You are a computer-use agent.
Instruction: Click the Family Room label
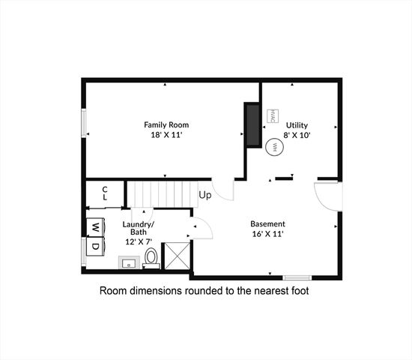[x=166, y=124]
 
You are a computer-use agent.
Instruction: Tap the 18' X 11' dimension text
[x=166, y=136]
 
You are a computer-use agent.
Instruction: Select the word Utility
[x=297, y=124]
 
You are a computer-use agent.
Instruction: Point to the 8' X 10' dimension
[x=297, y=136]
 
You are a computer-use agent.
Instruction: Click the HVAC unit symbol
[x=273, y=118]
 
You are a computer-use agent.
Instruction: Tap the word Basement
[x=267, y=223]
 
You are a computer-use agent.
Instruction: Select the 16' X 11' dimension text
[x=267, y=234]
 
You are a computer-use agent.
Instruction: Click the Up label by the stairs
[x=205, y=196]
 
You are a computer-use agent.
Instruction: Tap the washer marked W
[x=96, y=227]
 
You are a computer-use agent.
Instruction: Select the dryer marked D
[x=96, y=246]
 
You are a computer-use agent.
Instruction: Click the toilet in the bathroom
[x=151, y=257]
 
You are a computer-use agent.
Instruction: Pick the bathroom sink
[x=127, y=262]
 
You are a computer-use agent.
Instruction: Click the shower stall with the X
[x=176, y=255]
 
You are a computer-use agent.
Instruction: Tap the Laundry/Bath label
[x=139, y=229]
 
